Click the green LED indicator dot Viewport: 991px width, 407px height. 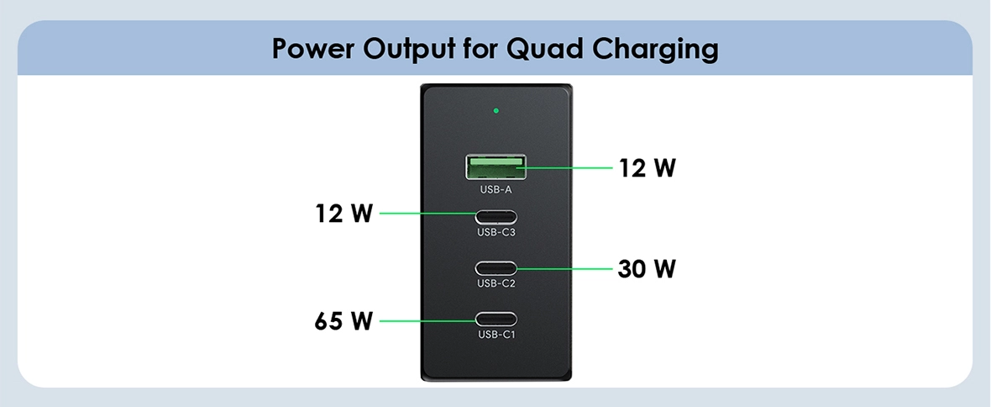tap(496, 110)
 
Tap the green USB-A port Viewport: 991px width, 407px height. tap(496, 166)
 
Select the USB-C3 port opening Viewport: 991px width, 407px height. tap(496, 214)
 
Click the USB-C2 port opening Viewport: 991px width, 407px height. tap(496, 268)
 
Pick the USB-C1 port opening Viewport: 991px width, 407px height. tap(496, 320)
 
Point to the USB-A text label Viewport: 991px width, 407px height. tap(496, 189)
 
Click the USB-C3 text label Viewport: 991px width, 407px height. tap(496, 232)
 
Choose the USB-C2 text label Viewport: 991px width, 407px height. tap(496, 283)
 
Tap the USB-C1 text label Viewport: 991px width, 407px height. tap(496, 335)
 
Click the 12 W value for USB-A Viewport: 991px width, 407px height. tap(648, 168)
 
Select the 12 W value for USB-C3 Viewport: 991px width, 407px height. tap(343, 214)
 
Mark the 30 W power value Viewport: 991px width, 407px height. tap(647, 269)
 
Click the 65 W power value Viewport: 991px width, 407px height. tap(343, 320)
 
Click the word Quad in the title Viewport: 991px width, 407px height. tap(540, 49)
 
